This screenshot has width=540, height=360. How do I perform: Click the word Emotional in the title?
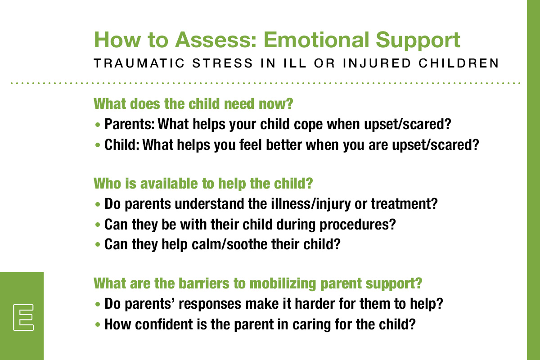[315, 40]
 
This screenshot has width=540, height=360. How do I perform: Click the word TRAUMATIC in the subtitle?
[139, 63]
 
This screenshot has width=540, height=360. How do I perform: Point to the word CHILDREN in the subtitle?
[459, 63]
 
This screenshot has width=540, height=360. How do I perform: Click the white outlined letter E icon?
[23, 317]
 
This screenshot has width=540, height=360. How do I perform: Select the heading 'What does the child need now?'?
[193, 103]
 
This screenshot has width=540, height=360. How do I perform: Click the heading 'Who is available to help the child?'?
[203, 183]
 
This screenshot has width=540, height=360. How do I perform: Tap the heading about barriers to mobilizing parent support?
[258, 283]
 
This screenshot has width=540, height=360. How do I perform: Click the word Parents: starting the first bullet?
[130, 124]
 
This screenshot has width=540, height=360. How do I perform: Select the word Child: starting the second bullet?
[122, 145]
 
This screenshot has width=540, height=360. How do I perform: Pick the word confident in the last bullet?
[164, 324]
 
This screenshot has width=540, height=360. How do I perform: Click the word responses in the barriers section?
[210, 304]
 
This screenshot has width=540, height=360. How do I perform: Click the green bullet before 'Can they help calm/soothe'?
[98, 245]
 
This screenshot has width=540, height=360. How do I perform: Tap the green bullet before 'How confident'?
[98, 324]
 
